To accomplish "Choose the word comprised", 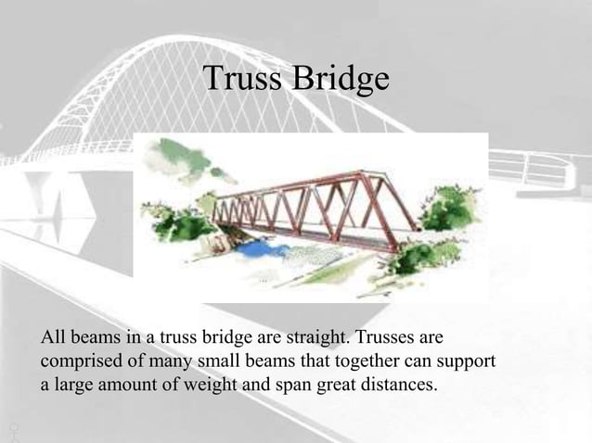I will click(79, 359).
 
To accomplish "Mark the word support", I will click(464, 359).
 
